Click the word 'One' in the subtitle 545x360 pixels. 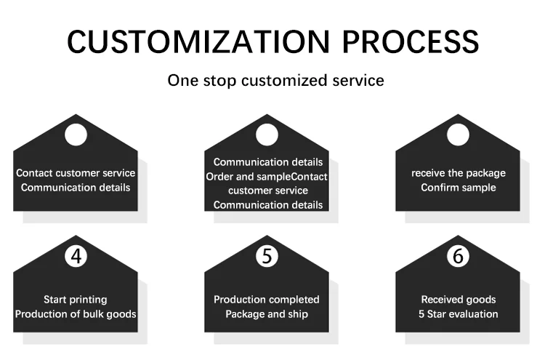pyautogui.click(x=182, y=80)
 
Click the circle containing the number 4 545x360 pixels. pyautogui.click(x=76, y=255)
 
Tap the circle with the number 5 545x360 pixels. pyautogui.click(x=267, y=255)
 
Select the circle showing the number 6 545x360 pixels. pyautogui.click(x=458, y=255)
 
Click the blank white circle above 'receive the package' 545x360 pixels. pyautogui.click(x=458, y=135)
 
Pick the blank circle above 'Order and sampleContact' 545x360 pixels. pyautogui.click(x=267, y=135)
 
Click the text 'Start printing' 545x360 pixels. pyautogui.click(x=76, y=300)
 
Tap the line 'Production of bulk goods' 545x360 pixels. pyautogui.click(x=76, y=313)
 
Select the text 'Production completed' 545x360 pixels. pyautogui.click(x=267, y=300)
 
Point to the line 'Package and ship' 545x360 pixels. pyautogui.click(x=267, y=313)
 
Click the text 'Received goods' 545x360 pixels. pyautogui.click(x=459, y=300)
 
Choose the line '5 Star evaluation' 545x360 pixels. pyautogui.click(x=459, y=313)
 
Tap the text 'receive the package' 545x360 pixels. pyautogui.click(x=459, y=173)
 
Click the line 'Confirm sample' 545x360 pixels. pyautogui.click(x=459, y=187)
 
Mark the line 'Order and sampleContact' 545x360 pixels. pyautogui.click(x=267, y=177)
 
